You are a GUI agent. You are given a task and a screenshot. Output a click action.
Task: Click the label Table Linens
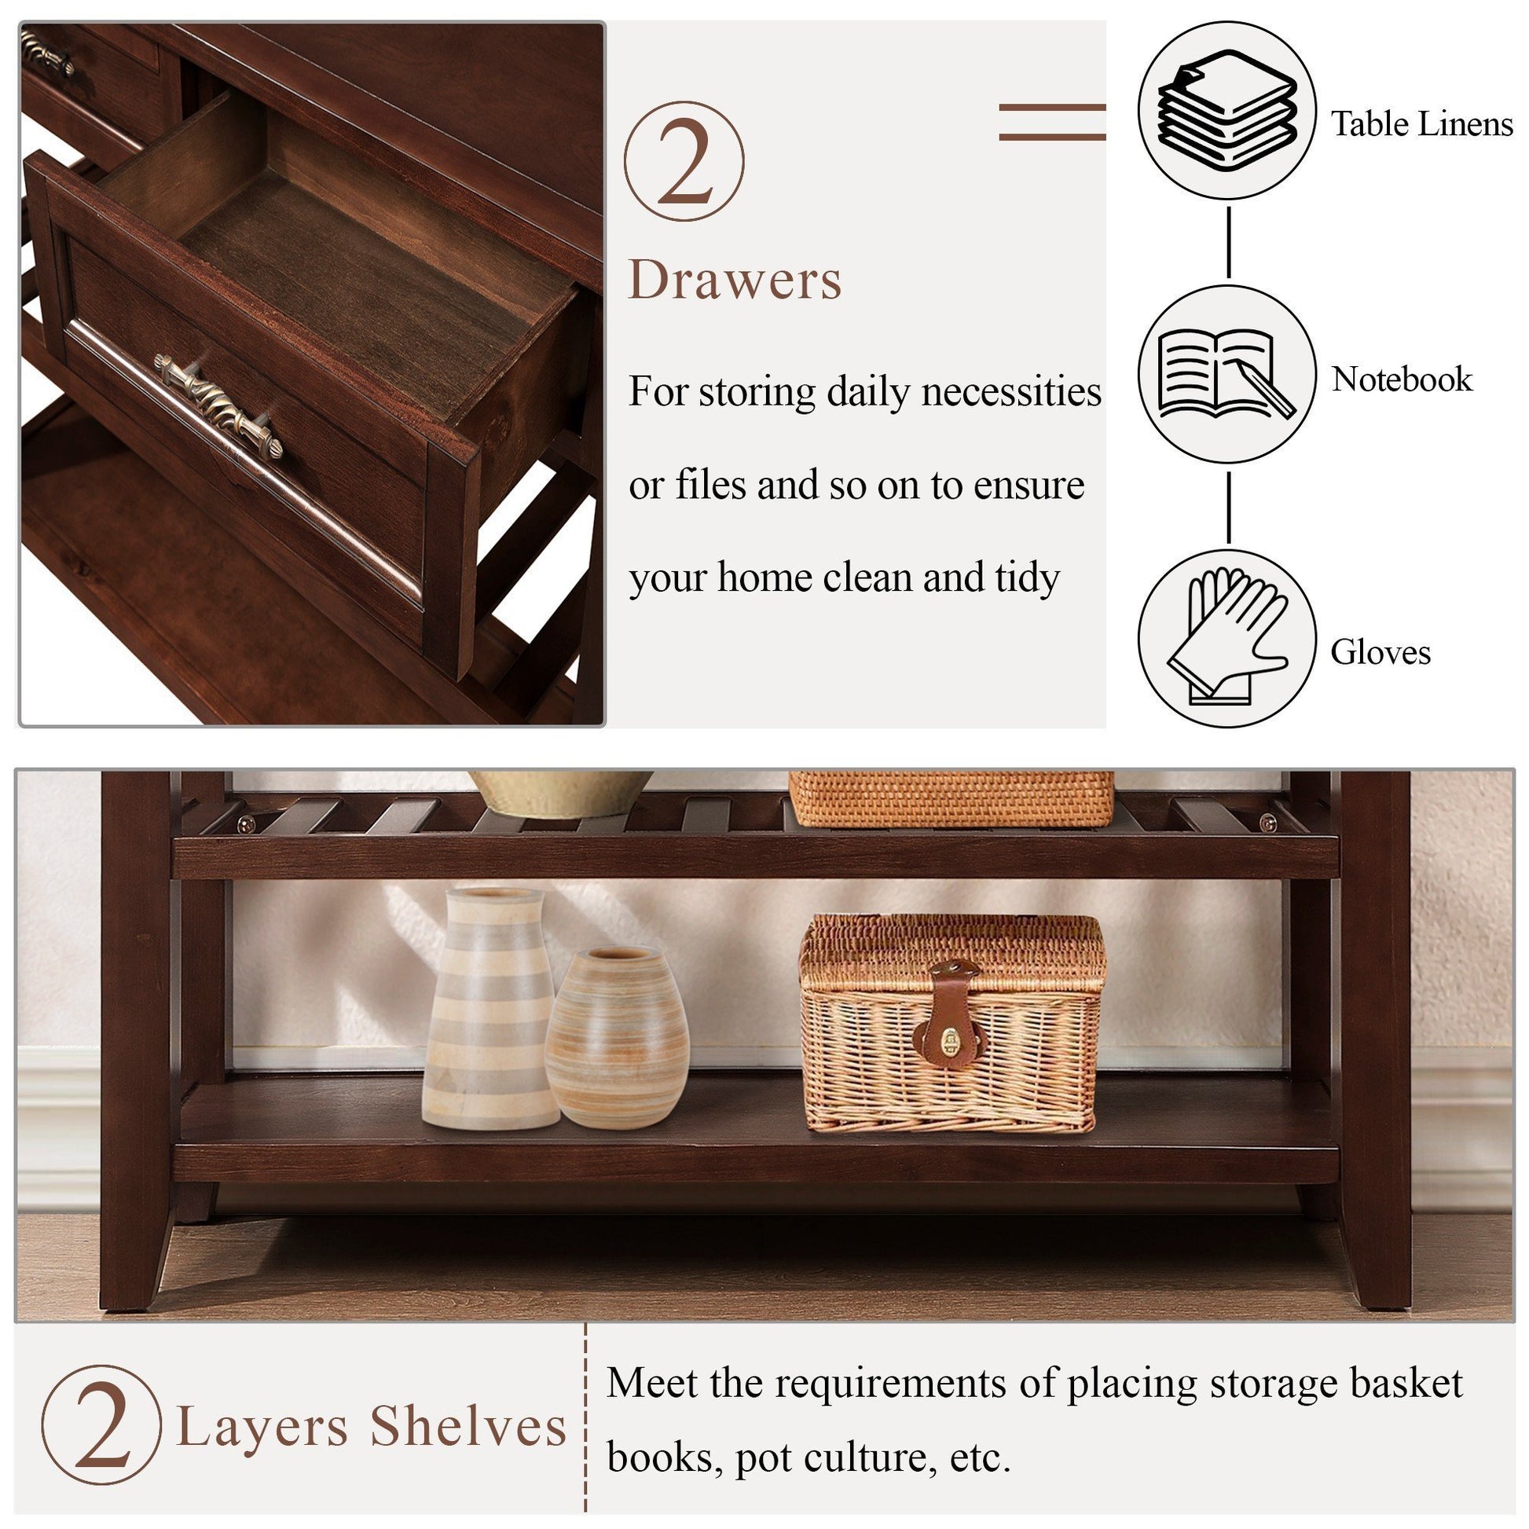click(x=1421, y=124)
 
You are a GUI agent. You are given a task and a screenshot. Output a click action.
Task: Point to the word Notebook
click(x=1402, y=379)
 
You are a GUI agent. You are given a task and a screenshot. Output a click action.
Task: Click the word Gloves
click(x=1380, y=652)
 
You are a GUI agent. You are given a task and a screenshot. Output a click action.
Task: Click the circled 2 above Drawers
click(x=684, y=160)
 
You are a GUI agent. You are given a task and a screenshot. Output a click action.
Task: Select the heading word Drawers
click(x=735, y=280)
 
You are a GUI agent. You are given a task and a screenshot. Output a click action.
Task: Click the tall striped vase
click(x=489, y=1008)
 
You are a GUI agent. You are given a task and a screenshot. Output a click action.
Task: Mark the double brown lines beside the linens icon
click(x=1052, y=122)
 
